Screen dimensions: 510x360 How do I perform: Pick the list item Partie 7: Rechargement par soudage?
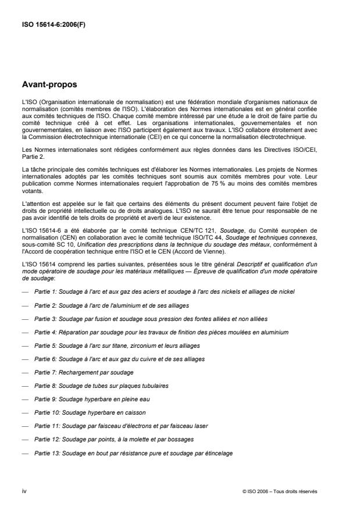(x=83, y=372)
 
